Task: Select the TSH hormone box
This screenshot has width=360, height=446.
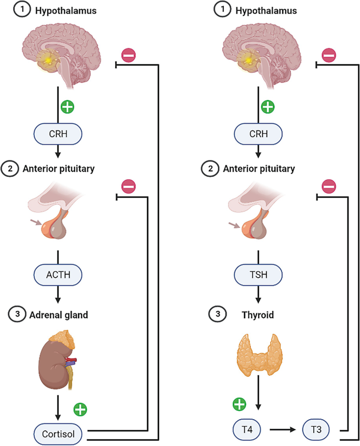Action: pos(258,275)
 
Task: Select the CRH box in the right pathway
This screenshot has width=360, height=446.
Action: pos(258,134)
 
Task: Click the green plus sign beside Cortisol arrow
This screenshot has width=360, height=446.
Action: pos(80,408)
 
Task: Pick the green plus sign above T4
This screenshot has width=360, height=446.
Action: pos(239,405)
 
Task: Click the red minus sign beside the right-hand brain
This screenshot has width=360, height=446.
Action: pos(329,54)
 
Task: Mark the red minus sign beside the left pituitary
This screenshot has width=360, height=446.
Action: pos(129,186)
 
